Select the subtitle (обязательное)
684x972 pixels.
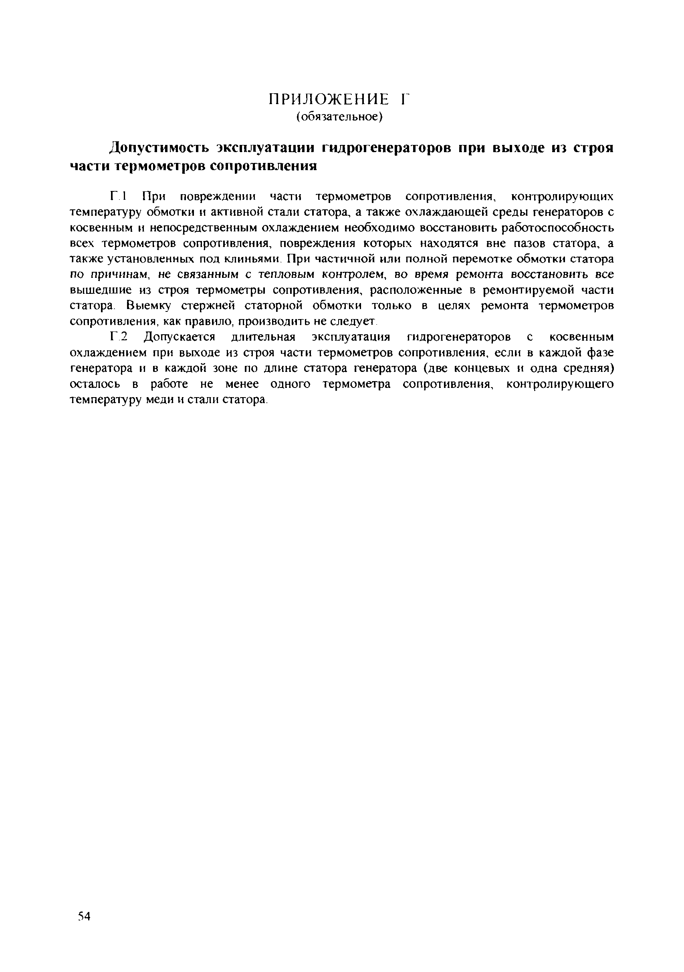[339, 116]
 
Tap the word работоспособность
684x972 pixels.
[557, 228]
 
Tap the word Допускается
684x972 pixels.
[180, 337]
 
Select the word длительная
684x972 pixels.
[263, 337]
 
